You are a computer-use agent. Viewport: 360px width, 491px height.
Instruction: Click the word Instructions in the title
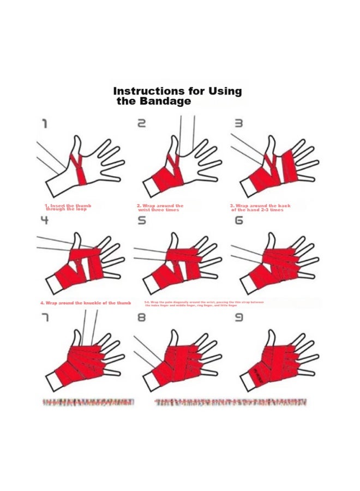[x=146, y=91]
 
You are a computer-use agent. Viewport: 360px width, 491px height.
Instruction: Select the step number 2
[x=141, y=124]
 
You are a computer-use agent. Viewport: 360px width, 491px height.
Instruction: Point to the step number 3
[x=238, y=124]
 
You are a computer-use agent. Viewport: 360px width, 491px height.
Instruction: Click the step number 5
[x=141, y=220]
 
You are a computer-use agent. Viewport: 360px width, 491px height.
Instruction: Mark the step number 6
[x=238, y=220]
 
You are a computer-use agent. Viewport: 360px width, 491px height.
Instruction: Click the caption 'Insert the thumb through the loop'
[x=68, y=207]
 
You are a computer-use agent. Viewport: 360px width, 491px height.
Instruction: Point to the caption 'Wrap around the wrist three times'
[x=160, y=207]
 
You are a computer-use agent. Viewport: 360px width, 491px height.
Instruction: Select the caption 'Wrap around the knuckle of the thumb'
[x=86, y=303]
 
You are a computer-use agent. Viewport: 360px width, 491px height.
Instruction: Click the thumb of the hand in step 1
[x=77, y=146]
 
